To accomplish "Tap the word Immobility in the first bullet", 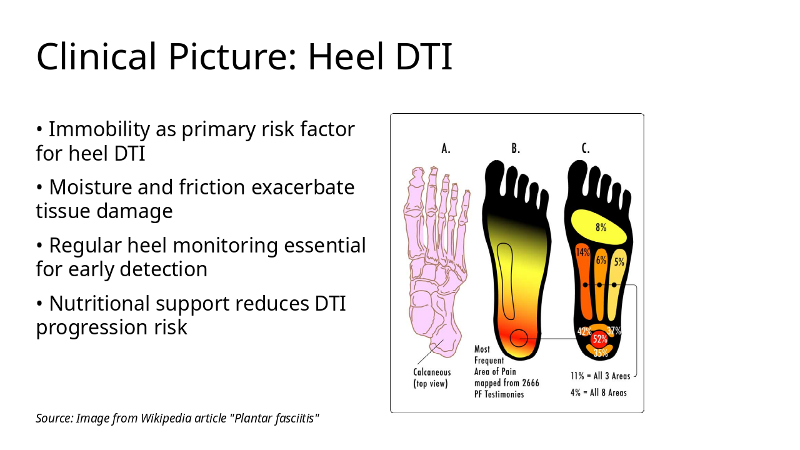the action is tap(99, 129).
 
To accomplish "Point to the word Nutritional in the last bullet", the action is tap(99, 304).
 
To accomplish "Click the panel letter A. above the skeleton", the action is tap(446, 148).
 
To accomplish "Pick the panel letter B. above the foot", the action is tap(516, 148).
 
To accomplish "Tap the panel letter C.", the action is tap(586, 148).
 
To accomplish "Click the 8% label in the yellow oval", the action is tap(601, 227).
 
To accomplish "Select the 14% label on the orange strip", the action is tap(583, 252).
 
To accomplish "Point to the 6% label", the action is tap(601, 260).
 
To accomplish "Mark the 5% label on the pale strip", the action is tap(619, 262).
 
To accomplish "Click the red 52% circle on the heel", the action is tap(600, 339).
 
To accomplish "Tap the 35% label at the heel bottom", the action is tap(601, 353).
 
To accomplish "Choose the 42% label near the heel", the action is tap(584, 331).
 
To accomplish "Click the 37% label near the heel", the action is tap(614, 331).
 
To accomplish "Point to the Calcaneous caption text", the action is tap(432, 372).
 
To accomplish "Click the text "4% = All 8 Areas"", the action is tap(599, 393).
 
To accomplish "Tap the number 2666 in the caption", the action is tap(531, 383).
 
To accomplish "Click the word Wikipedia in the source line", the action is tap(166, 418).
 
